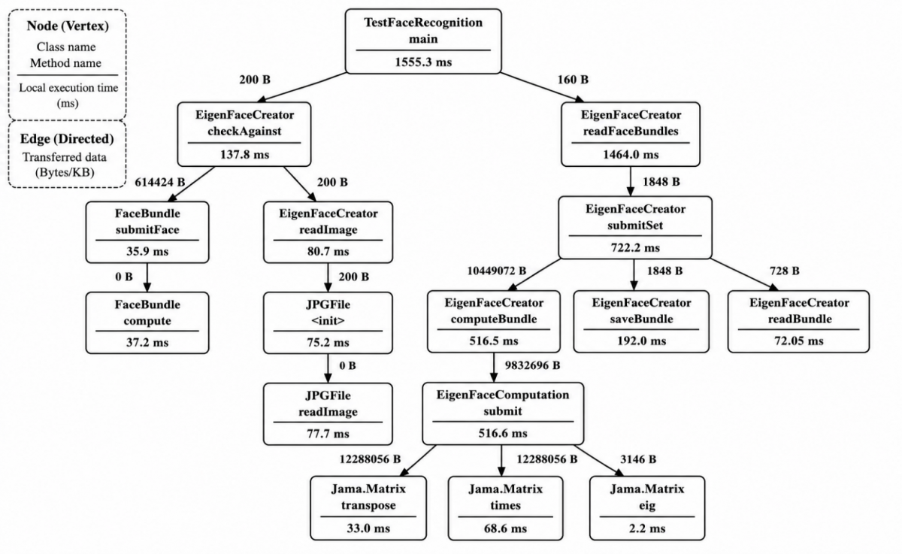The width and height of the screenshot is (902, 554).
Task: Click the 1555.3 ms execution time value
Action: point(423,62)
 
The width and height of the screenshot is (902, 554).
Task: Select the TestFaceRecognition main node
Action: point(423,41)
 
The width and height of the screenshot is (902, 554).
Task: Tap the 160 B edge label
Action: point(573,80)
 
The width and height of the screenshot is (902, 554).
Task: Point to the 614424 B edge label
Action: point(160,183)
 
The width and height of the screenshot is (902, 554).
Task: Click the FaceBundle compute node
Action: point(147,323)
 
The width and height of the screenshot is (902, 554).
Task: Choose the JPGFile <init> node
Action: point(328,323)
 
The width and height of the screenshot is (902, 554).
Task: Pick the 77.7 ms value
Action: point(328,434)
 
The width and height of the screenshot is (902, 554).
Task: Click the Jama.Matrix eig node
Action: point(647,508)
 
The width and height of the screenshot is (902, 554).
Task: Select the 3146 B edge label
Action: point(638,459)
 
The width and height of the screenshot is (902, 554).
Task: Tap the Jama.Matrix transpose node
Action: point(368,508)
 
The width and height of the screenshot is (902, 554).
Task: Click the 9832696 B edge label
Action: point(532,365)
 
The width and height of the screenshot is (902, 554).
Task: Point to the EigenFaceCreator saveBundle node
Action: point(641,322)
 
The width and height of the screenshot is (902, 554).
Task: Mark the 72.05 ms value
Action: point(798,341)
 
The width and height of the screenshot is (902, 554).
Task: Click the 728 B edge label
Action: point(785,271)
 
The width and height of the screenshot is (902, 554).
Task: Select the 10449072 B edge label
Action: point(497,271)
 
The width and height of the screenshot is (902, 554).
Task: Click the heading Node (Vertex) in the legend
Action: point(68,26)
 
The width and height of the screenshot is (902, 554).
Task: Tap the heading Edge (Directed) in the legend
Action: point(67,138)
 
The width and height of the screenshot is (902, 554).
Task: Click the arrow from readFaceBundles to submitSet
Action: point(631,181)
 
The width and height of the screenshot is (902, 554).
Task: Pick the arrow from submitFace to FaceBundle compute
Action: point(147,277)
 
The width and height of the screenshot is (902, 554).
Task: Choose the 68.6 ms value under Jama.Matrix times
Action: point(505,528)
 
